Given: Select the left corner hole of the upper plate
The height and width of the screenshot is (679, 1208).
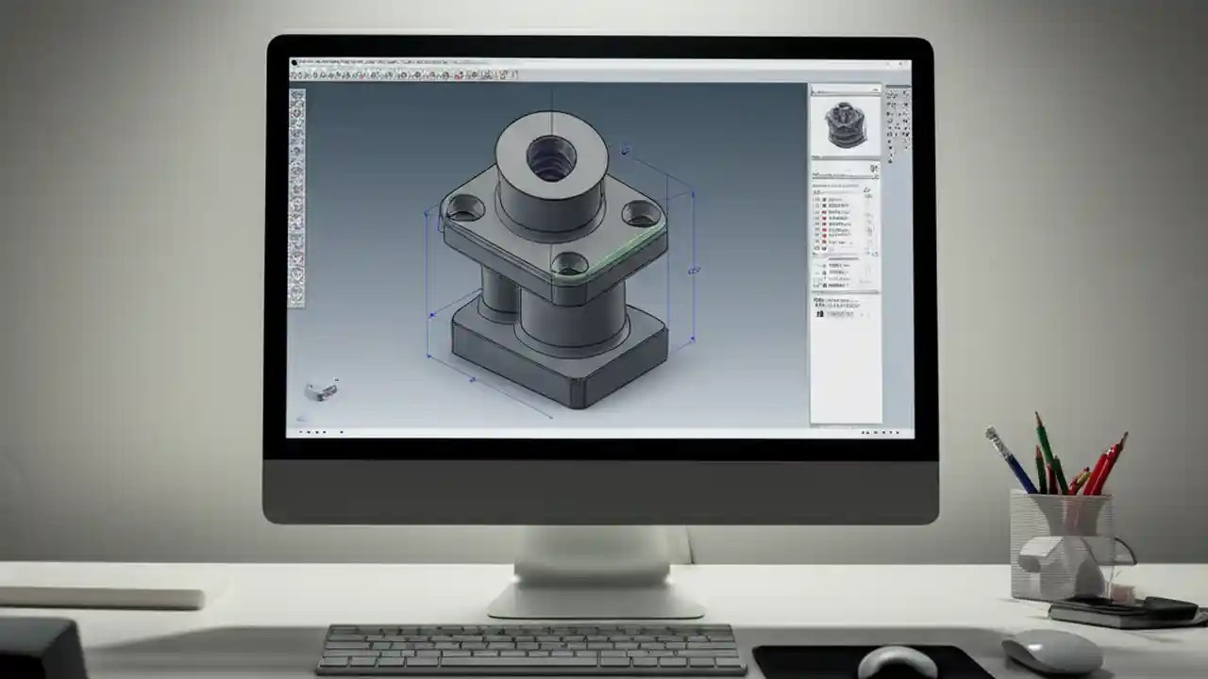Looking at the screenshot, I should (463, 207).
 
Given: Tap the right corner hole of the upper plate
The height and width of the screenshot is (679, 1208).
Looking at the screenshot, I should (640, 212).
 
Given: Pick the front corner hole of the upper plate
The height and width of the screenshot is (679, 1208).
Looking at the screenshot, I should (569, 263).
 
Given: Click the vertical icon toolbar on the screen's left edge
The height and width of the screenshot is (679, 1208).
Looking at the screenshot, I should (296, 198).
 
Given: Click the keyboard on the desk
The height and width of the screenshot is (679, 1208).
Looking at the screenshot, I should (529, 649).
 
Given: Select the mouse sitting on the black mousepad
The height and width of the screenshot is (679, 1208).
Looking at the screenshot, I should (896, 662).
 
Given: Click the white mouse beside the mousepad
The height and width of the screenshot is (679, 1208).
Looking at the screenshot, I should (1052, 651).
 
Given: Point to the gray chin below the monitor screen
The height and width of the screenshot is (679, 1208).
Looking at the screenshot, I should (600, 490).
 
